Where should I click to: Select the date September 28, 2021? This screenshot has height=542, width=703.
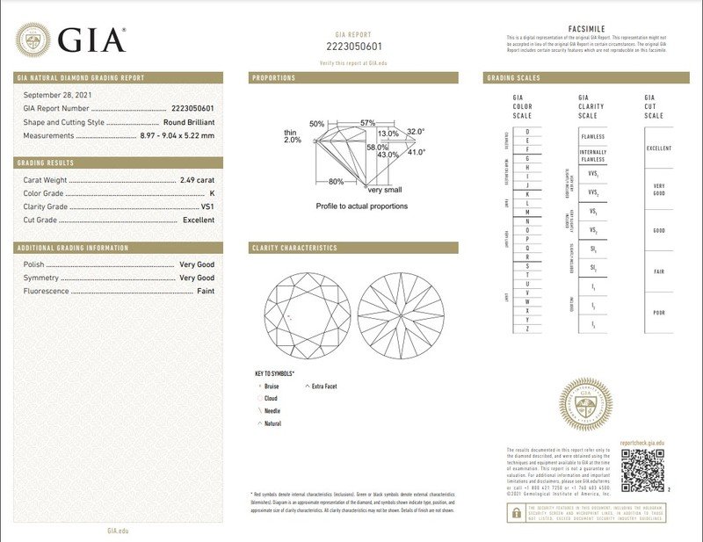[x=58, y=94]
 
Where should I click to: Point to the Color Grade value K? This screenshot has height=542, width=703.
[x=211, y=192]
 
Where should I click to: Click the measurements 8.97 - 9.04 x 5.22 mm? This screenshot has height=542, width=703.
[x=177, y=136]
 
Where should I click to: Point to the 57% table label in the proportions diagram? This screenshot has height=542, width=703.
[x=366, y=122]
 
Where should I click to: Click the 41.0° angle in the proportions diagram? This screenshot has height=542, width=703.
[x=415, y=152]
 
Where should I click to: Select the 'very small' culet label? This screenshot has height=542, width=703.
[x=385, y=190]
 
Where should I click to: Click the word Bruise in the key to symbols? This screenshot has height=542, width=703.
[x=272, y=386]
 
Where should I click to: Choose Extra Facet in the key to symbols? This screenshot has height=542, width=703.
[x=324, y=386]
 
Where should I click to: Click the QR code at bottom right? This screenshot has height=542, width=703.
[x=643, y=470]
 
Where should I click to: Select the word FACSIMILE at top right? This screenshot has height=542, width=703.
[x=588, y=28]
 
